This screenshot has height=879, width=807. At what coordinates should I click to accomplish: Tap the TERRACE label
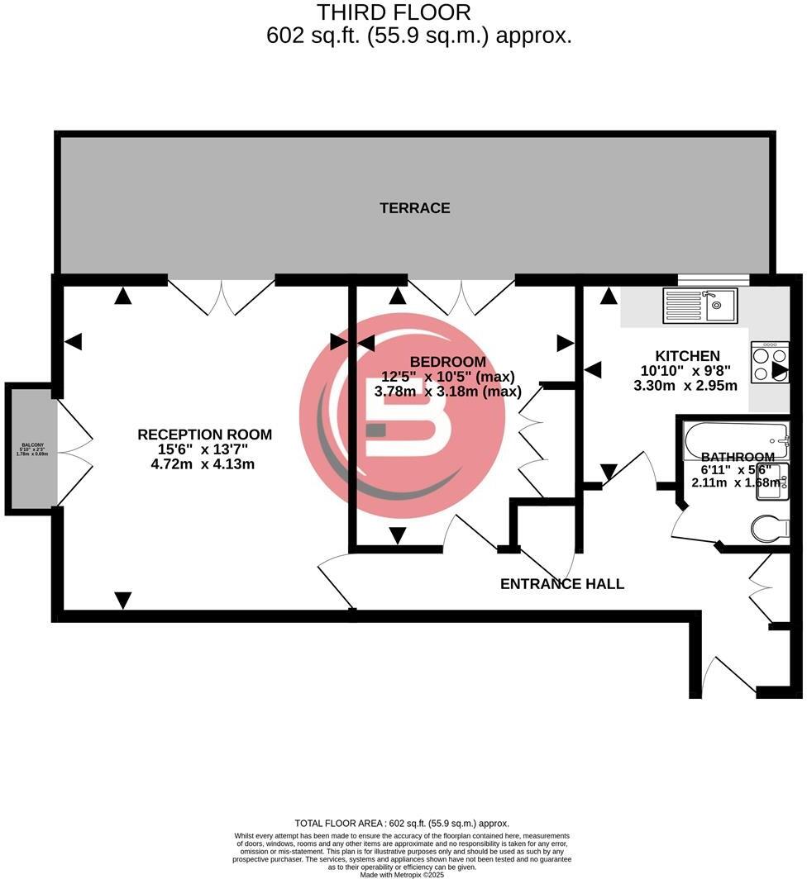[415, 208]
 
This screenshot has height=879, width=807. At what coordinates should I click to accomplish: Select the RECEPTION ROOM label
[204, 435]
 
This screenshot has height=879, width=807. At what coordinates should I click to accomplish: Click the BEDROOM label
[447, 362]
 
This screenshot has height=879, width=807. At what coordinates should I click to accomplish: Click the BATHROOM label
[738, 457]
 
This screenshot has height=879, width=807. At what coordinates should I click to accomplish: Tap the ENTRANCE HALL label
[562, 584]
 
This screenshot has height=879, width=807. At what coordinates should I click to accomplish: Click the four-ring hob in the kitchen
[770, 362]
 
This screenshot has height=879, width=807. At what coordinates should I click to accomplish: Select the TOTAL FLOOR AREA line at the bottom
[402, 823]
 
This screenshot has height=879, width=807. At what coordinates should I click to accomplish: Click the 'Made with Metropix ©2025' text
[402, 874]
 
